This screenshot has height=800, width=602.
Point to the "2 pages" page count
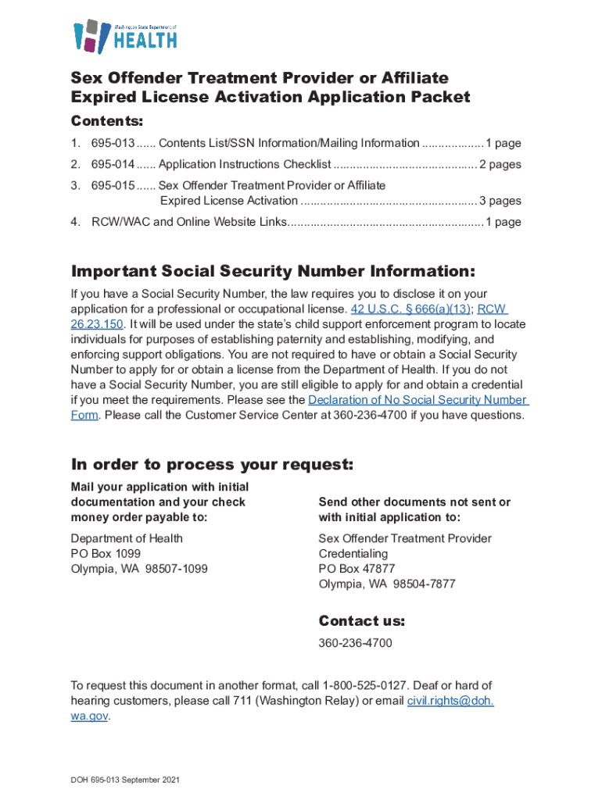(x=500, y=165)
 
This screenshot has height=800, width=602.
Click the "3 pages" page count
(x=500, y=201)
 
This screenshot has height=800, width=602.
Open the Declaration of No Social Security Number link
(x=418, y=400)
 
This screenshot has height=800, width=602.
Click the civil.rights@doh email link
(x=450, y=701)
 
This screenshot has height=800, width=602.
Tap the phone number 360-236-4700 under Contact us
(x=355, y=643)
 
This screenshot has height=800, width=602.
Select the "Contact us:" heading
(x=361, y=622)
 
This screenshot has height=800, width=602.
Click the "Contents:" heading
(x=107, y=122)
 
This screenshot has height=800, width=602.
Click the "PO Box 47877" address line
(x=357, y=569)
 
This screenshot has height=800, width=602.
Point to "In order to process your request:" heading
(x=212, y=465)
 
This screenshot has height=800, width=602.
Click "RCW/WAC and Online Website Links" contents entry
(x=188, y=222)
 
